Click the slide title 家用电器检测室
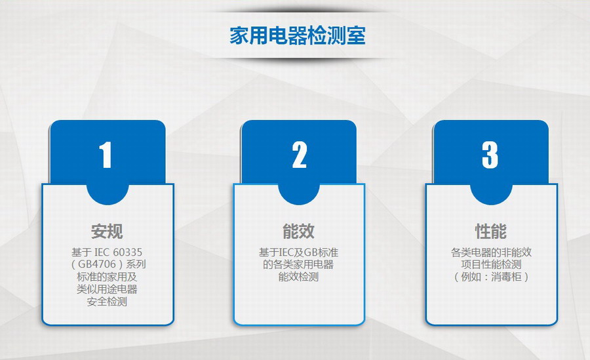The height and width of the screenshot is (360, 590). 297,36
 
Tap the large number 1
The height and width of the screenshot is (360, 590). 106,155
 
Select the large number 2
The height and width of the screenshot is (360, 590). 300,155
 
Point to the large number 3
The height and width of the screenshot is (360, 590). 490,155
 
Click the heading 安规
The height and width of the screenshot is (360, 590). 107,231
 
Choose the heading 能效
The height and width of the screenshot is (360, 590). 299,231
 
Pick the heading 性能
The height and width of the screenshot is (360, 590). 491,231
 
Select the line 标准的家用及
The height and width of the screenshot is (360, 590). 107,277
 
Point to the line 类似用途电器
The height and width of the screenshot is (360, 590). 107,289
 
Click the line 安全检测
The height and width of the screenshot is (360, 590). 107,302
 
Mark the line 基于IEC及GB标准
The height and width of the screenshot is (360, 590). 298,252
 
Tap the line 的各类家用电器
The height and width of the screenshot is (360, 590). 298,264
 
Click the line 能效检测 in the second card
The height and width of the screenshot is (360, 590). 298,277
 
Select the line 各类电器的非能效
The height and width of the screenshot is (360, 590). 491,252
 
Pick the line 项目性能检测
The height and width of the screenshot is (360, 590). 491,264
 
